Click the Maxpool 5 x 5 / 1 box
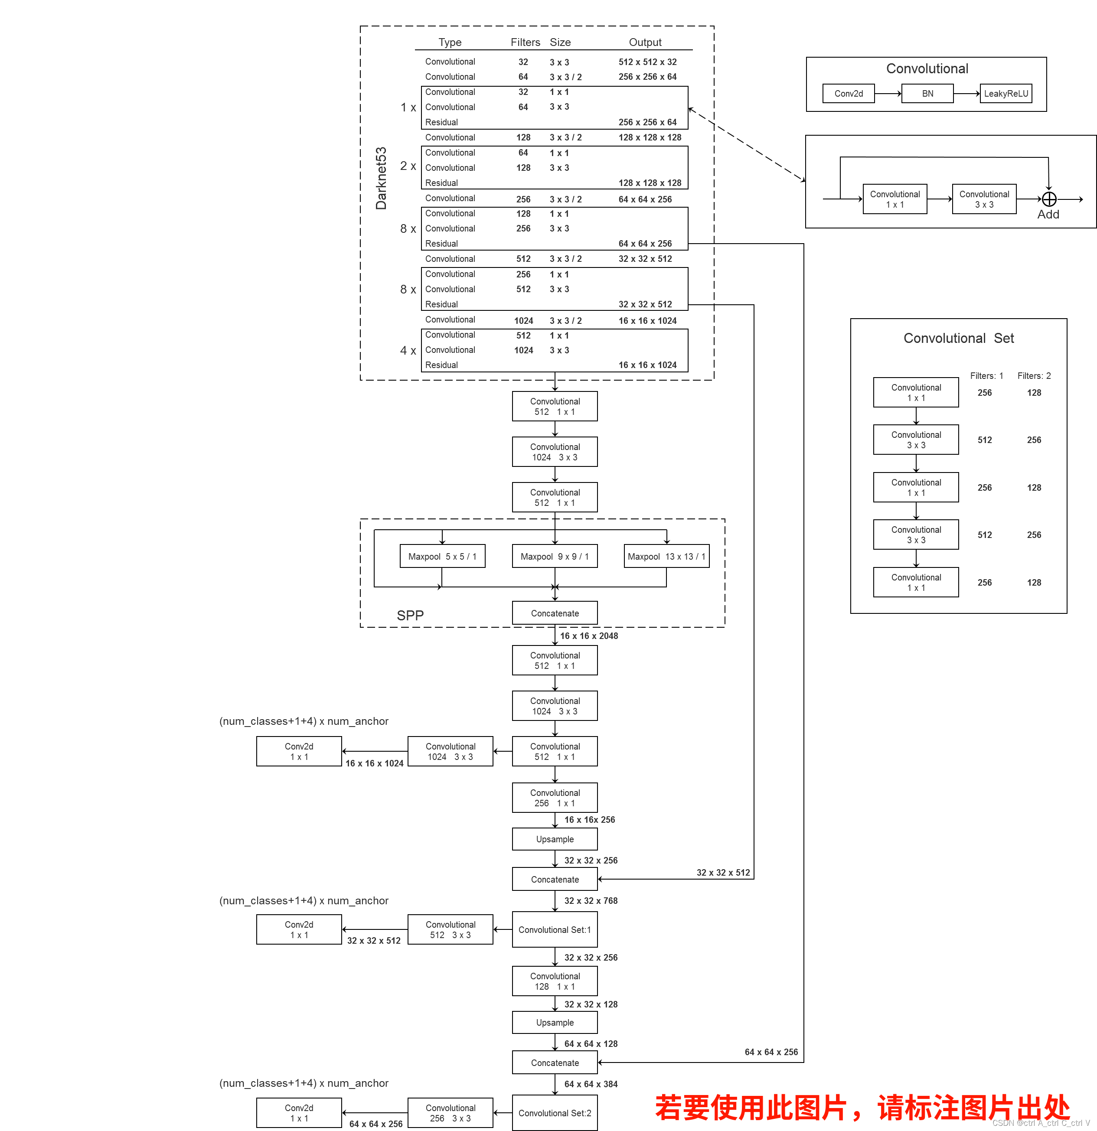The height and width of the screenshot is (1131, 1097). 442,556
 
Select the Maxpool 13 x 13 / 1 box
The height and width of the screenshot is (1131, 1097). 666,556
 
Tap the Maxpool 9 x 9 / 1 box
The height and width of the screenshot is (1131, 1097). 555,556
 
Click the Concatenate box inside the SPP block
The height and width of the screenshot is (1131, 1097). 555,613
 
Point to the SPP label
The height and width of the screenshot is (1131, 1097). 410,615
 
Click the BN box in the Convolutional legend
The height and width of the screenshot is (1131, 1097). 927,94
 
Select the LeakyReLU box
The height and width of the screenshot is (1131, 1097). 1006,94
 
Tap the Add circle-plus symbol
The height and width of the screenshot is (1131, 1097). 1049,199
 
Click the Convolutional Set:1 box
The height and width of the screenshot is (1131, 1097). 555,929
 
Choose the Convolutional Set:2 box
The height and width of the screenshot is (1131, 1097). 555,1113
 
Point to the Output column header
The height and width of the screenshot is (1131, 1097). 645,42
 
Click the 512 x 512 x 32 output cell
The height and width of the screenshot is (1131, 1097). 647,62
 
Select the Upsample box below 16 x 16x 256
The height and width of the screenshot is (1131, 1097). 555,839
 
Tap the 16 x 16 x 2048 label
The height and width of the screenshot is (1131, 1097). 588,636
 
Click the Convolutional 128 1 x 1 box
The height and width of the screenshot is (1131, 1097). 555,981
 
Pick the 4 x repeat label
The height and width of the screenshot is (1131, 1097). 408,350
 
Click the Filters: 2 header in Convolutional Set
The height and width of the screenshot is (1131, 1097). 1034,376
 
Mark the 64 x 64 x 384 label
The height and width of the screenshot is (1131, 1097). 591,1084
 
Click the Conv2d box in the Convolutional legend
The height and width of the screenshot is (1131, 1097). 848,94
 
